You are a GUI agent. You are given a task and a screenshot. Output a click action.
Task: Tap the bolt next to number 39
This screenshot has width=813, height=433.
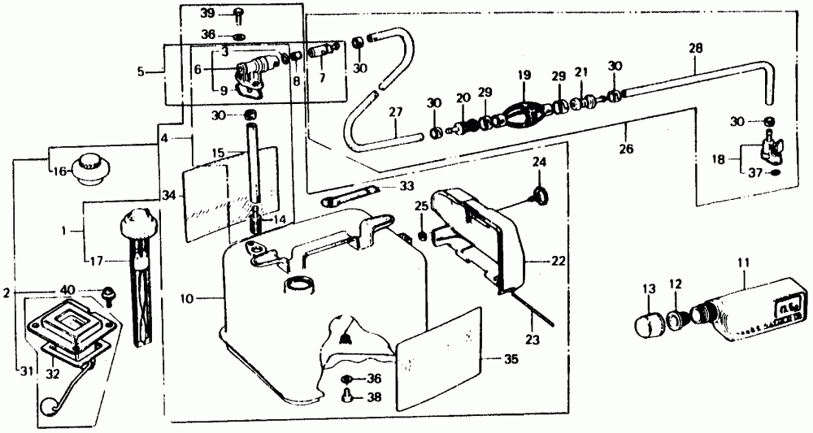[x=239, y=14]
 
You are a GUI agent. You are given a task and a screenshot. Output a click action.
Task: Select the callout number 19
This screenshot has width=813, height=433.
[x=523, y=76]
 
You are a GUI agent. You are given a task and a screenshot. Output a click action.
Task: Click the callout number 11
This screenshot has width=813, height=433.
[x=745, y=264]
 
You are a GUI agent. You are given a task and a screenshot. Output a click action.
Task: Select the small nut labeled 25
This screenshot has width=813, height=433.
[x=423, y=236]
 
